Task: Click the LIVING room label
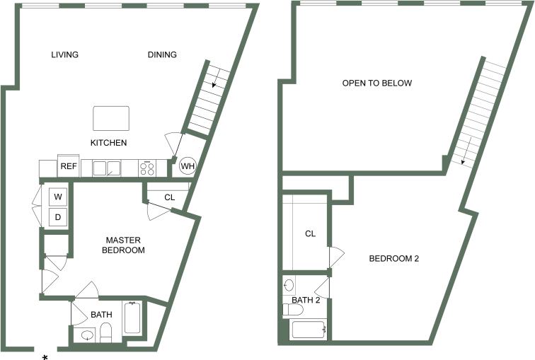64,55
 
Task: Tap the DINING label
162,55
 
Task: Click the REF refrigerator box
68,167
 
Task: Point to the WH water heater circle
188,166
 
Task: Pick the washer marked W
57,196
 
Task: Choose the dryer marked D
57,217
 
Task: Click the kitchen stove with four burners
147,168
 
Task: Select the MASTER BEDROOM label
123,245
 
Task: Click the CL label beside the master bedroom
169,197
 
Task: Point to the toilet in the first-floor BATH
106,332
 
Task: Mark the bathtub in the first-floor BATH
132,318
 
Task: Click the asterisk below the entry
45,357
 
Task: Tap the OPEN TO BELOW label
376,83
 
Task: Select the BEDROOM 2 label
394,259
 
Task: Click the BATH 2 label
306,301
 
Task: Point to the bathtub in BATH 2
307,330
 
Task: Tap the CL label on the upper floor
310,234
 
